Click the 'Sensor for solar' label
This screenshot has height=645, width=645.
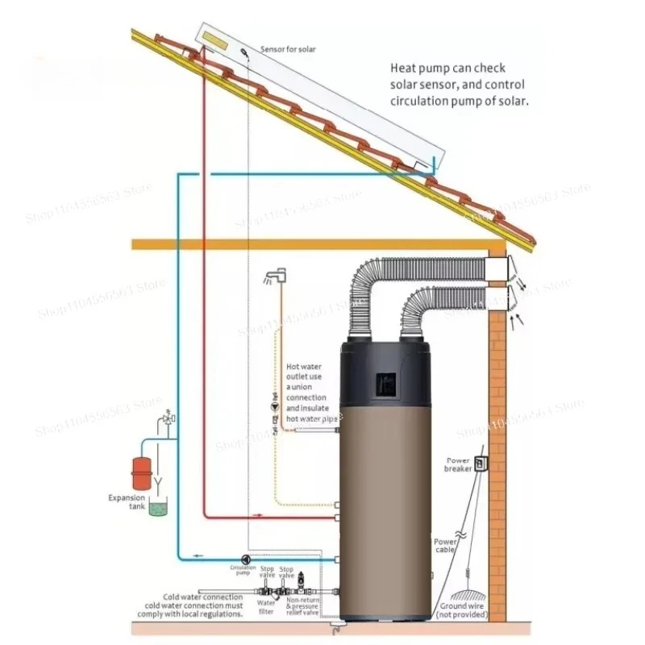tap(288, 50)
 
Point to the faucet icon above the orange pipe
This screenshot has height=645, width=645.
tap(273, 279)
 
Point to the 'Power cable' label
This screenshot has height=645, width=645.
tap(446, 547)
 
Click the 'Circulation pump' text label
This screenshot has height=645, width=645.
tap(243, 571)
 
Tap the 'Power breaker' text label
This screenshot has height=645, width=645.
tap(457, 464)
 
